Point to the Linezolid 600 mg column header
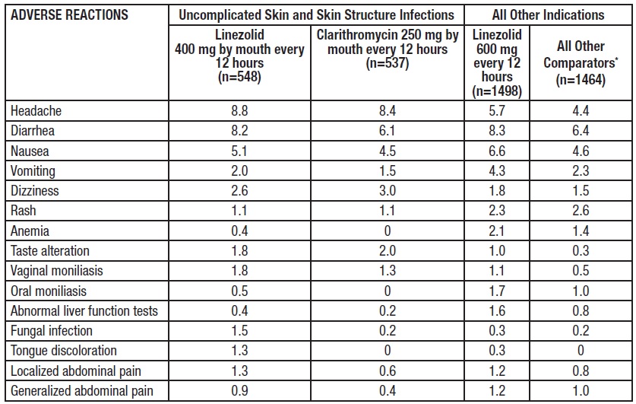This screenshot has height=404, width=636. tap(497, 63)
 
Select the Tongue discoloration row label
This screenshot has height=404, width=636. tap(64, 351)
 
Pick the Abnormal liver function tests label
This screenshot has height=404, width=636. tap(84, 310)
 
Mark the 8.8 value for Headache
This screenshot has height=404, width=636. tap(239, 111)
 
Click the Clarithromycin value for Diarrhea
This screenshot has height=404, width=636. tap(389, 131)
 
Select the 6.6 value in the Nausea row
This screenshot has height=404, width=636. tap(497, 151)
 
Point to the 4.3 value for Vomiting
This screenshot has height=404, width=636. tap(497, 171)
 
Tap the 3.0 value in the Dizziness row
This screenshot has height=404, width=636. tap(389, 191)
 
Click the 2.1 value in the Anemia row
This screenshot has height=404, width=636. tap(497, 231)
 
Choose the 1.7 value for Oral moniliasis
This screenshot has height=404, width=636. tap(497, 291)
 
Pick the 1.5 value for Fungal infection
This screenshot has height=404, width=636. tap(239, 331)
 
